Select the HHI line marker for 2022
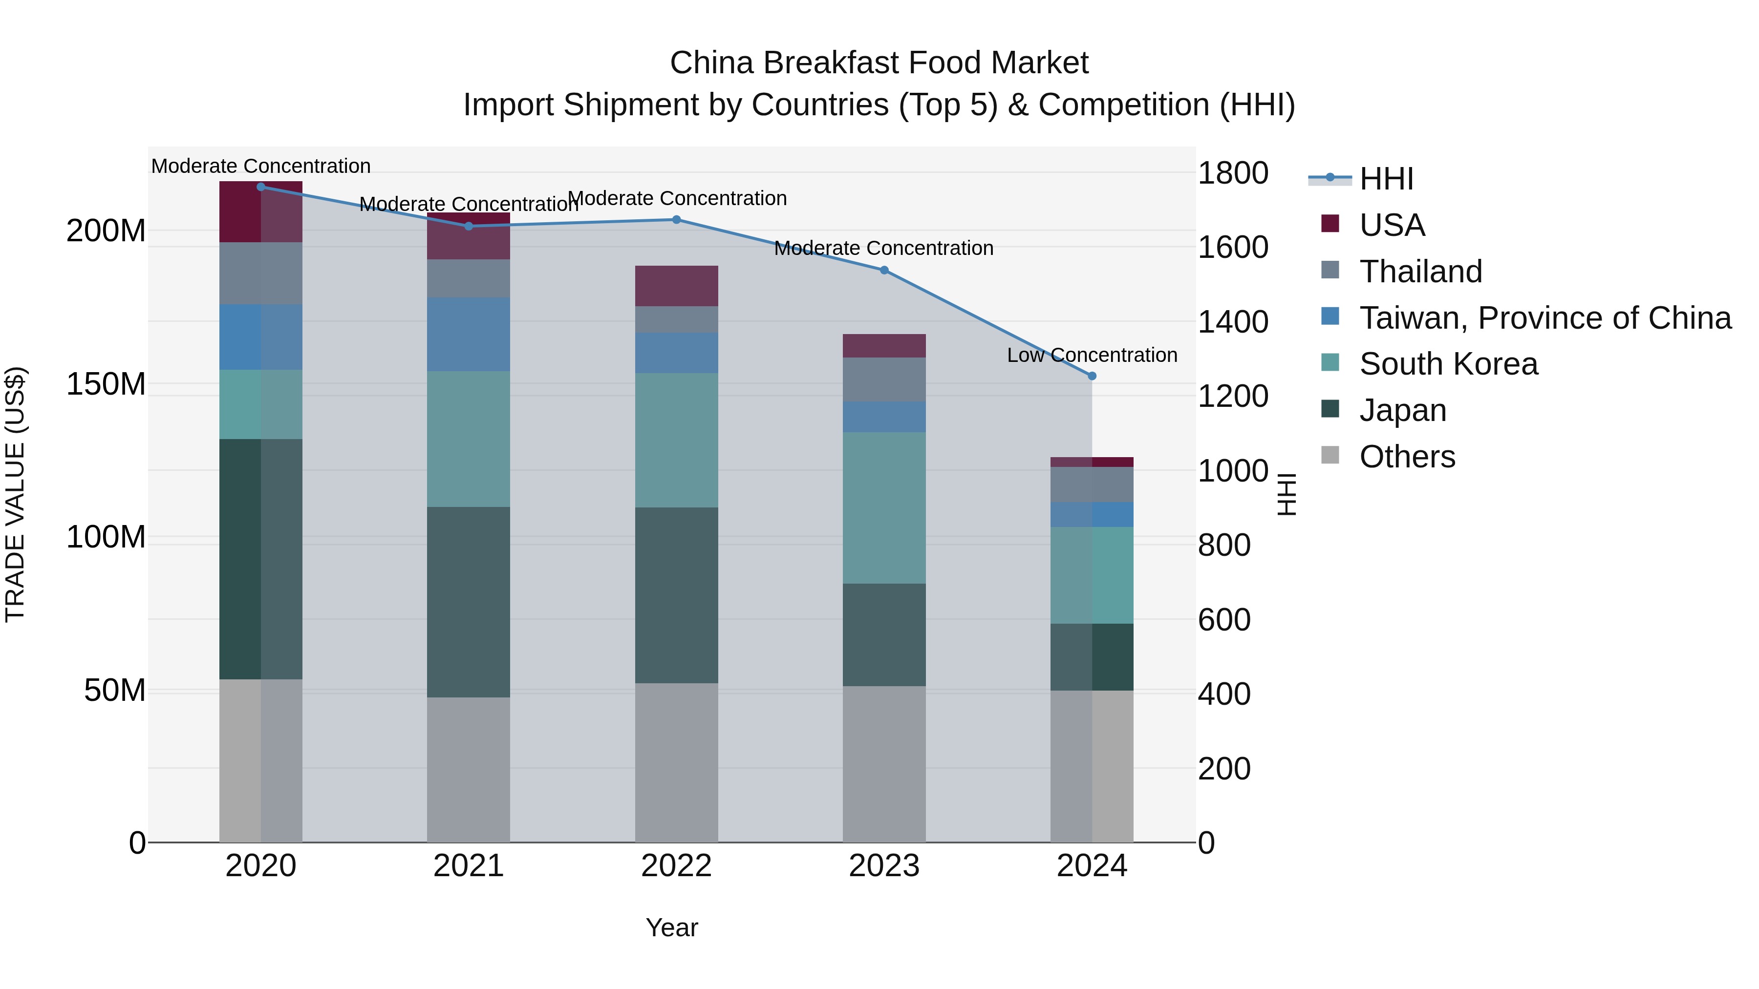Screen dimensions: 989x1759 [676, 220]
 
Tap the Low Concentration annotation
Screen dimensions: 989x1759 [1092, 355]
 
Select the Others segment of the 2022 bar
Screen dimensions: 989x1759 [676, 762]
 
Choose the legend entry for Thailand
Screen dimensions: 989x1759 [1420, 272]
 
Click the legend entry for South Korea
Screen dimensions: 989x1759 [1448, 364]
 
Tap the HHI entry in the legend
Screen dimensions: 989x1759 [1386, 179]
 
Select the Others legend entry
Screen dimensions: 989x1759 [1407, 457]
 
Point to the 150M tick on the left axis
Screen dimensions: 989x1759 [106, 384]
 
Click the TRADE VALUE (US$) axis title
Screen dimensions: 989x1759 [15, 494]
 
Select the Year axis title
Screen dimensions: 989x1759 [672, 927]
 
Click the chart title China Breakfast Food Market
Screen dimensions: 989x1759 [879, 63]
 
